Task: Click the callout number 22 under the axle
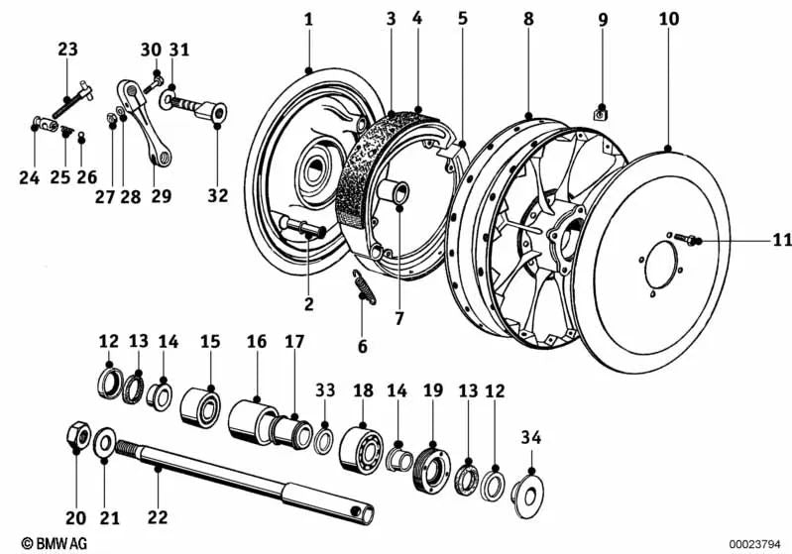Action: (159, 517)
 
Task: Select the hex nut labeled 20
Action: (77, 436)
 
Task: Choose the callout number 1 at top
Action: (308, 19)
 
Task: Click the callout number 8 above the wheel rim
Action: (528, 19)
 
